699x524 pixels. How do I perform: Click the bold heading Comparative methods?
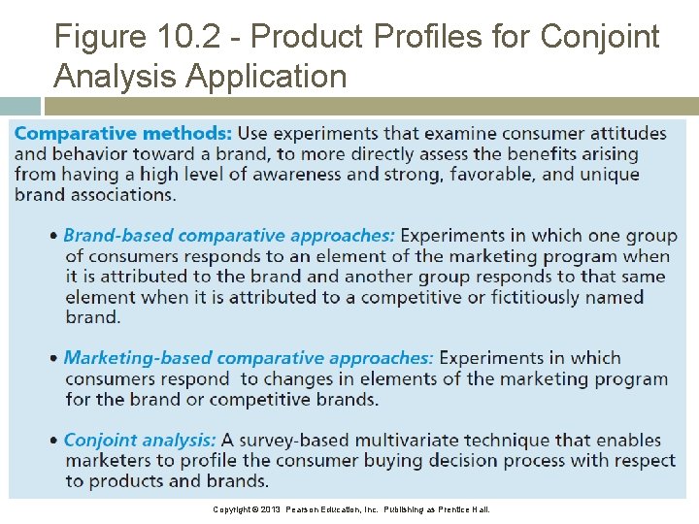point(123,133)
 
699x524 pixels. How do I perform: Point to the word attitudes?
point(626,133)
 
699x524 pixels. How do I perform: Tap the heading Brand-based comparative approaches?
point(229,236)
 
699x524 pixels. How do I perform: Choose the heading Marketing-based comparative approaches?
point(249,358)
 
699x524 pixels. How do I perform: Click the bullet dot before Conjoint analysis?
point(54,441)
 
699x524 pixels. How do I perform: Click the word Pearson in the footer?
point(310,509)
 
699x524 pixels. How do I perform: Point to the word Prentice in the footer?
point(455,509)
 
